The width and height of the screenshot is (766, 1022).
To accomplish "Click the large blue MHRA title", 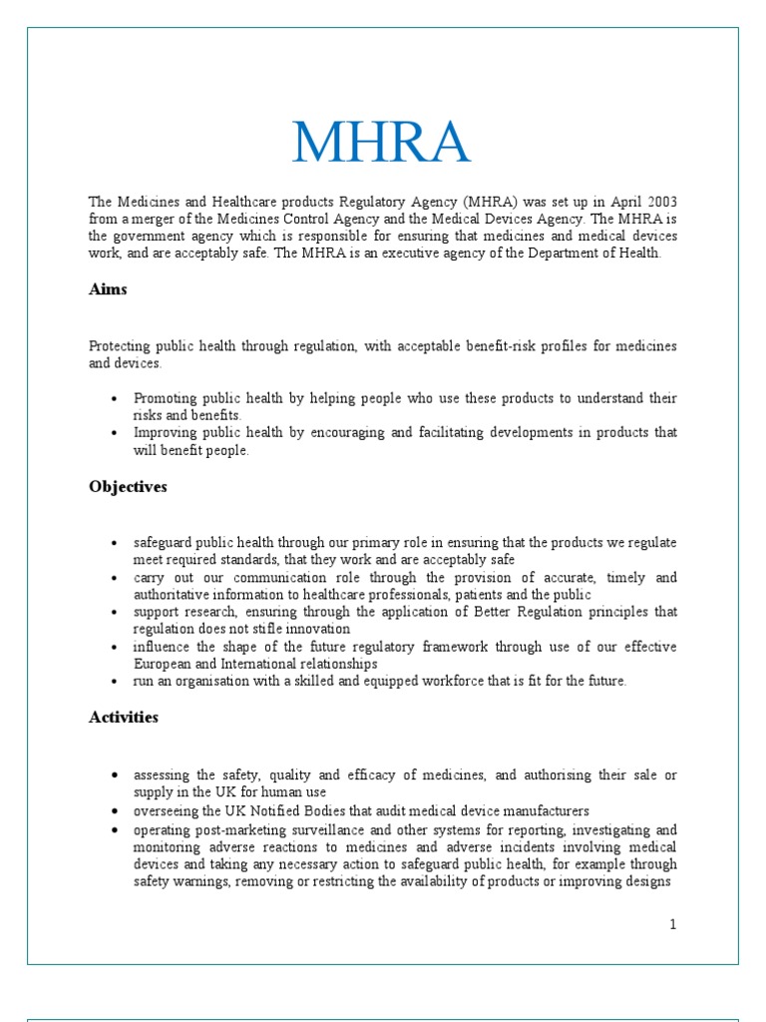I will click(382, 143).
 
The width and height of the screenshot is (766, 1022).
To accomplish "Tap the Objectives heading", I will click(128, 487).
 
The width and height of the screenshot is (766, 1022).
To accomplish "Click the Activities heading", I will click(124, 718).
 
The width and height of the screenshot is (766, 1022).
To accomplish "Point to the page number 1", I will click(673, 924).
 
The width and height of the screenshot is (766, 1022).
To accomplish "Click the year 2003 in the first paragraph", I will click(657, 202).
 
